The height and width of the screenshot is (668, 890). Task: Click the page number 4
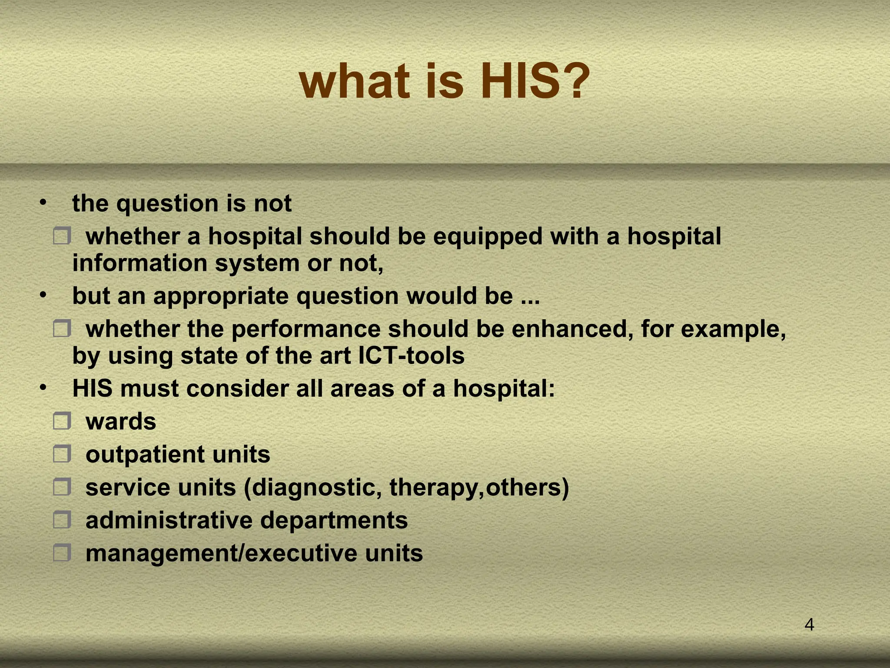[809, 625]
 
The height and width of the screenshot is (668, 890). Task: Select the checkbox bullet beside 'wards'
[62, 421]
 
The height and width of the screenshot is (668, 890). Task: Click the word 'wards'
[121, 422]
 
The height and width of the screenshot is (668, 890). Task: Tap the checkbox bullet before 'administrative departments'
[62, 519]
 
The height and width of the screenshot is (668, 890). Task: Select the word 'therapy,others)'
[479, 488]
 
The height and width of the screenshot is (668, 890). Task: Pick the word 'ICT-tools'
[412, 356]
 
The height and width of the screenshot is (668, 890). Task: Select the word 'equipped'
[488, 237]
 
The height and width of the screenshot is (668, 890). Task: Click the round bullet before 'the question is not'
[43, 203]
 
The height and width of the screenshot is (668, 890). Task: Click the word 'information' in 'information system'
[140, 264]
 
